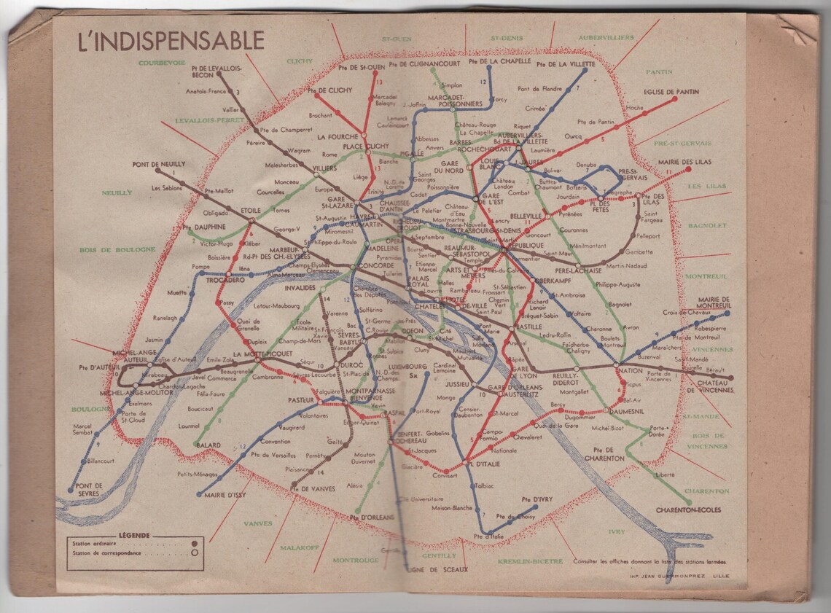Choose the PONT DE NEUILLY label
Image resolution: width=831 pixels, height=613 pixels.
tap(159, 164)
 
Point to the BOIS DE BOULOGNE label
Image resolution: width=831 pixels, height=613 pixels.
tap(118, 249)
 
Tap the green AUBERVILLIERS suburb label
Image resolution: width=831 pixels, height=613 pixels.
tap(606, 37)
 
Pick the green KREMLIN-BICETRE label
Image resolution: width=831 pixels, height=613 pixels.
tap(530, 561)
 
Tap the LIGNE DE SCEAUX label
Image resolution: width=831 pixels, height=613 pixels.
tap(435, 569)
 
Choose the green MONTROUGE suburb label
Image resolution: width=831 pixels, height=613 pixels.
tap(356, 560)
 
